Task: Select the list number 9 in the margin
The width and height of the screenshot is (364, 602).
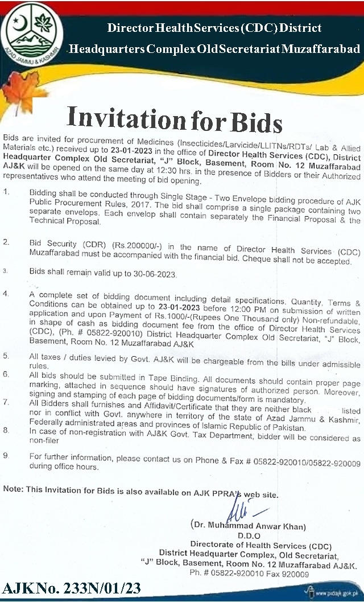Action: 6,456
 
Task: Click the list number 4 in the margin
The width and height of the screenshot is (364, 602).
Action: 6,294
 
